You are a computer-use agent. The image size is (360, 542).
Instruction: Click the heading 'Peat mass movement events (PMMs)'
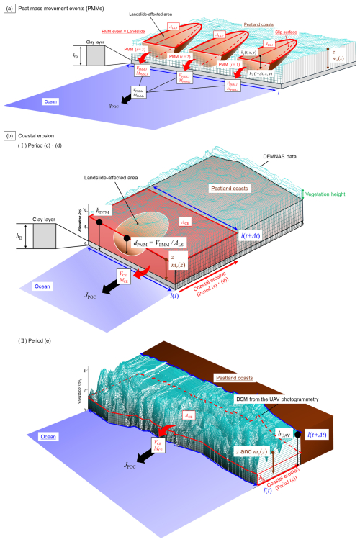tap(61, 6)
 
